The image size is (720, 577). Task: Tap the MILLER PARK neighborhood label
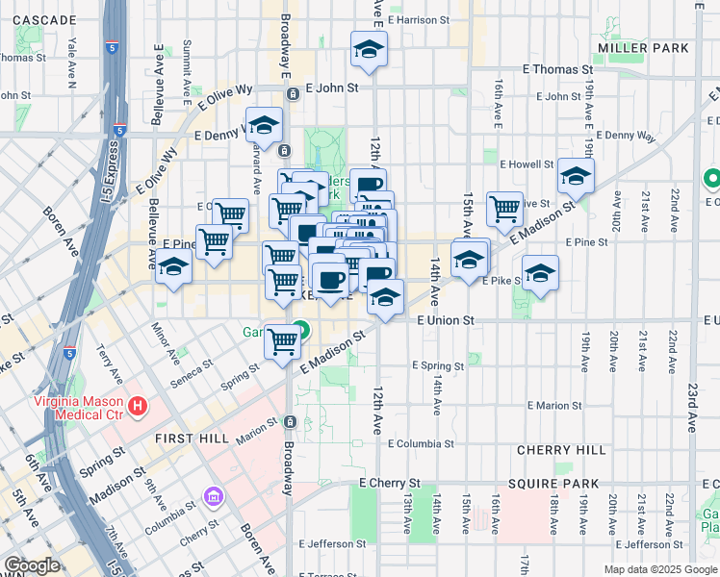(x=643, y=47)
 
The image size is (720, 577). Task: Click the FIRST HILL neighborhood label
(x=193, y=438)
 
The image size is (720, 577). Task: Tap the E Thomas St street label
(x=557, y=70)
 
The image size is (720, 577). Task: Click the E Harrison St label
(x=419, y=19)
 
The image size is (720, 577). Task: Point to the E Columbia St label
(x=421, y=444)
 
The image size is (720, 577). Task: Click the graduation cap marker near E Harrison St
(x=368, y=50)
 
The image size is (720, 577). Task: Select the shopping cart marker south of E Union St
(x=283, y=342)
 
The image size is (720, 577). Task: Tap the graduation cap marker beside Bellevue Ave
(x=173, y=267)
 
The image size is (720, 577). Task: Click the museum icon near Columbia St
(x=212, y=496)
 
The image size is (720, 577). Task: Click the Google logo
(x=34, y=565)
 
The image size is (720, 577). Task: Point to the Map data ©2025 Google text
(x=659, y=569)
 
